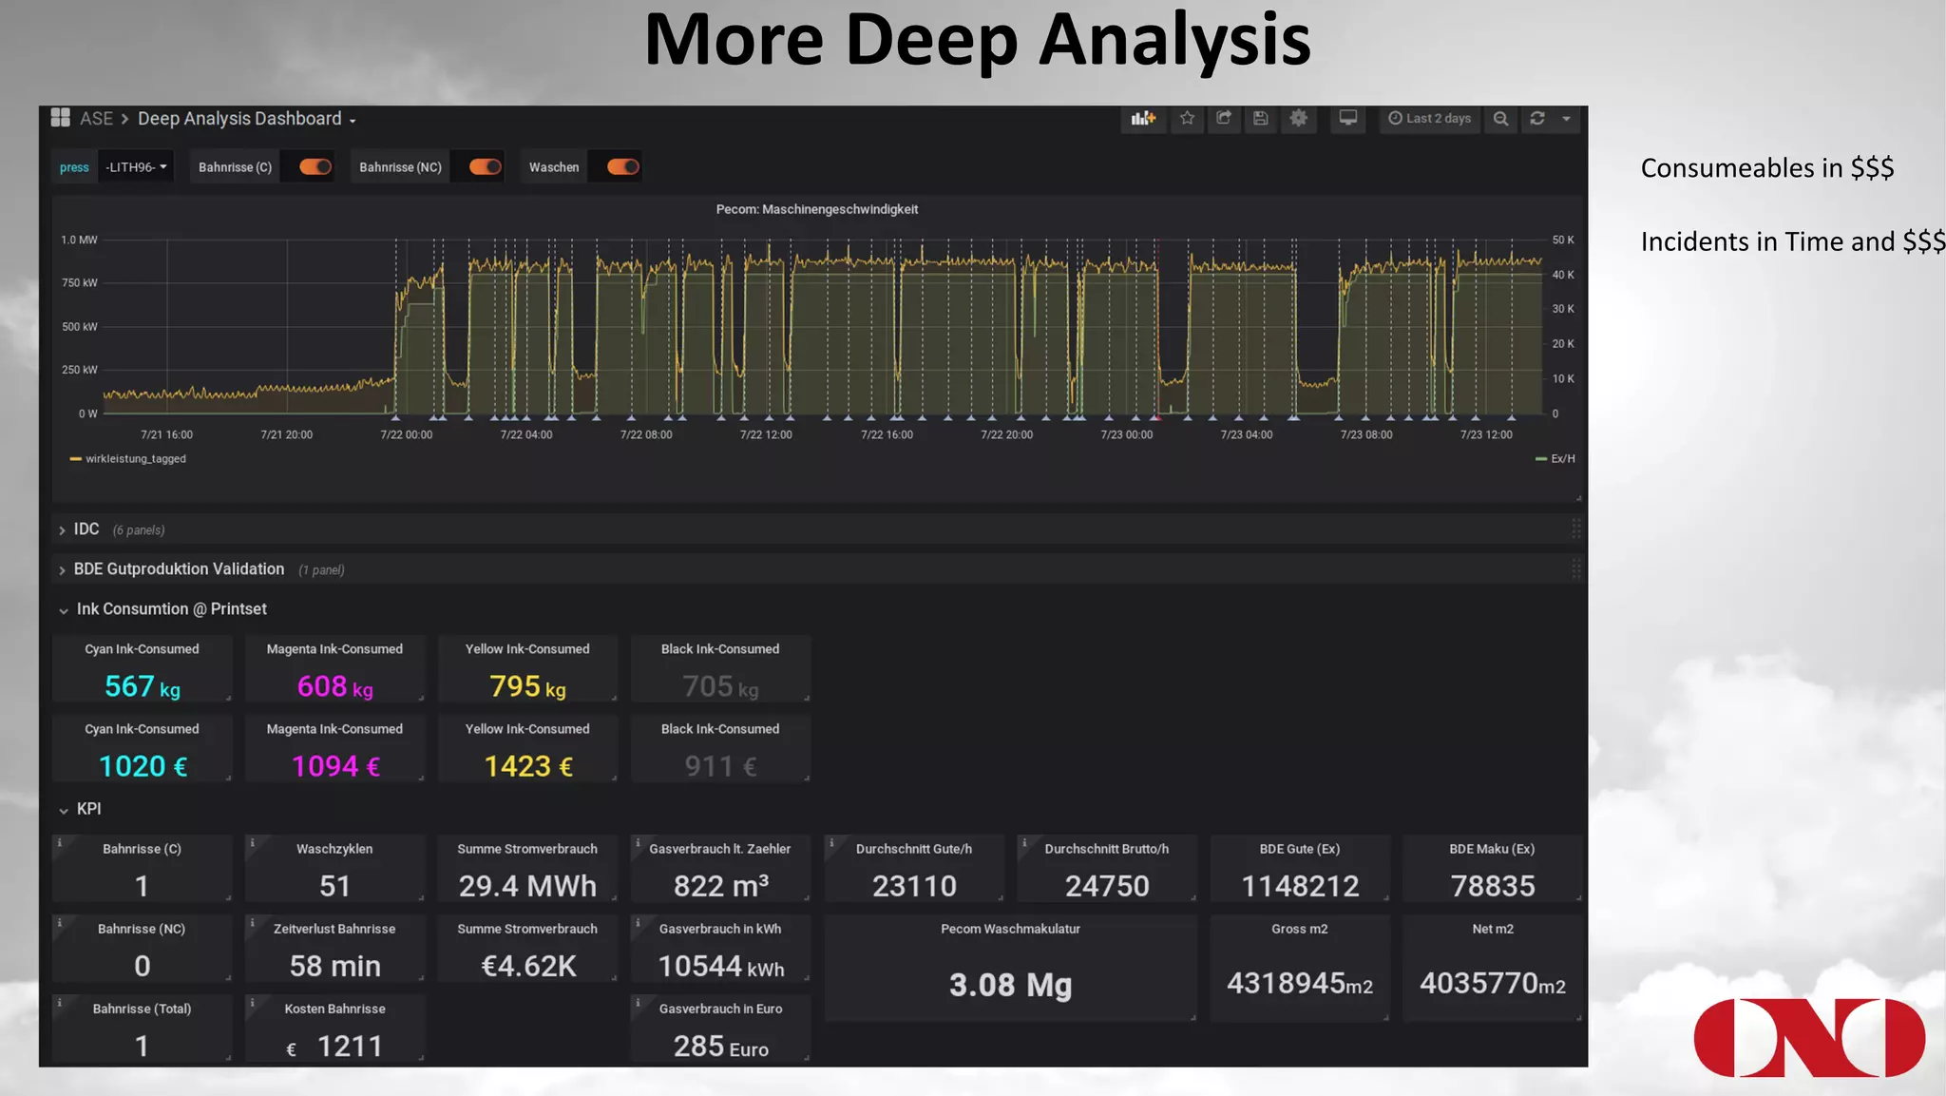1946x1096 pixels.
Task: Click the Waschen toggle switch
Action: click(622, 167)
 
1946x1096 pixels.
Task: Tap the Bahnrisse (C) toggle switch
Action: click(315, 167)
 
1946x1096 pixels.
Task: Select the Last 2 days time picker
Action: click(1429, 119)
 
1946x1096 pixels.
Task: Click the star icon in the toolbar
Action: click(1187, 119)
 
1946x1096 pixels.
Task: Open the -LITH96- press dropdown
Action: click(136, 167)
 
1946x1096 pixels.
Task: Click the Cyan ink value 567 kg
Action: click(142, 686)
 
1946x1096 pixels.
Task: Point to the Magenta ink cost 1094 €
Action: click(335, 766)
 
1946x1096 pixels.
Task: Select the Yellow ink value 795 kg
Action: click(527, 686)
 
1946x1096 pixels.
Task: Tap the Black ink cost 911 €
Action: click(720, 766)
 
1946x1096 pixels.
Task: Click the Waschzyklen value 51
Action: click(334, 886)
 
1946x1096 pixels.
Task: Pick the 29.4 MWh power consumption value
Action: click(527, 886)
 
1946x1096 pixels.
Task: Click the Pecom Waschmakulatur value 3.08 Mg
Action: click(1010, 985)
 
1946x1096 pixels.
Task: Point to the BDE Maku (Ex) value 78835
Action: click(1492, 886)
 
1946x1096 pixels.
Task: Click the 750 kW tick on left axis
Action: click(80, 283)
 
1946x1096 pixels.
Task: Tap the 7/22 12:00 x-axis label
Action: click(766, 435)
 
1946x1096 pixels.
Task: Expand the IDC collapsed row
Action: click(86, 529)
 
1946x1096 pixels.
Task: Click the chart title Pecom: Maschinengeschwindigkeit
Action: click(816, 209)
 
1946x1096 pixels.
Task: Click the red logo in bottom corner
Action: click(1808, 1037)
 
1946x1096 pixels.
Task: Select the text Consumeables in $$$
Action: click(1766, 168)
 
